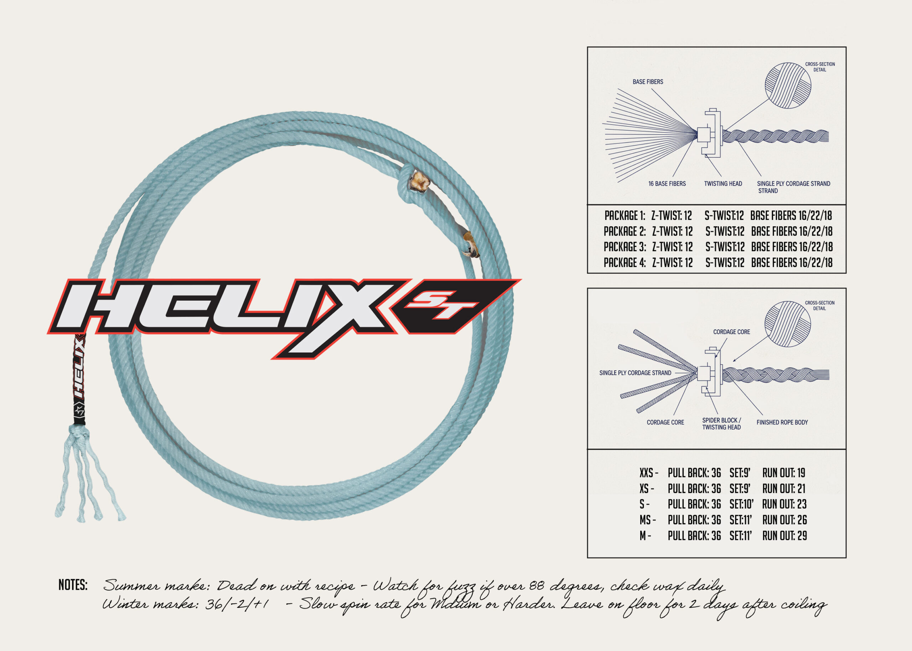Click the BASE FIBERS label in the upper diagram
(x=648, y=82)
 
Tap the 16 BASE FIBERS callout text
(x=667, y=184)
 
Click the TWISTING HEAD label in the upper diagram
(x=723, y=184)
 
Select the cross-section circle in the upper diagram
(x=788, y=85)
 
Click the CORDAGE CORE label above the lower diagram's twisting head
(x=731, y=332)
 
